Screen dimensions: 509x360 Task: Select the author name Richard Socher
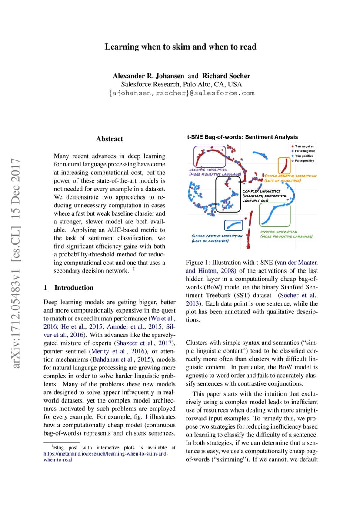226,76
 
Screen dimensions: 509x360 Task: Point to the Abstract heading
110,139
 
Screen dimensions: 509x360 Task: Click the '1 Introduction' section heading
69,288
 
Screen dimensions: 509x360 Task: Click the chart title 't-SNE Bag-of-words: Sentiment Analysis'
243,137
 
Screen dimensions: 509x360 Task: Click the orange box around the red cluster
284,166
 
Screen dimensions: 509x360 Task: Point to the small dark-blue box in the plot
234,225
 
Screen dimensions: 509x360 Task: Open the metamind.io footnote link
105,453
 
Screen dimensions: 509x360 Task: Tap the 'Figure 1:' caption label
198,263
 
